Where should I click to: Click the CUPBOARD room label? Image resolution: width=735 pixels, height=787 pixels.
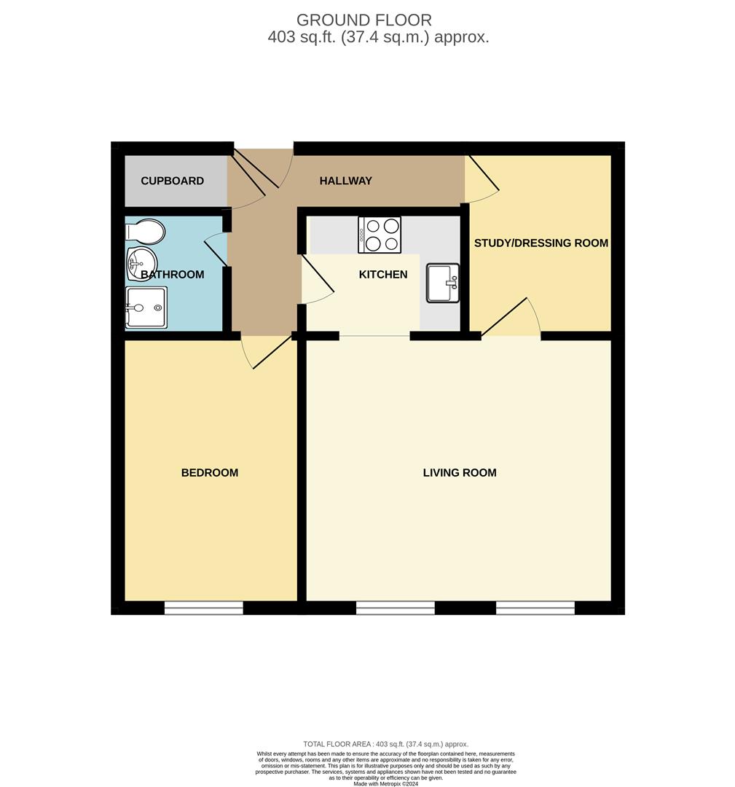pos(172,181)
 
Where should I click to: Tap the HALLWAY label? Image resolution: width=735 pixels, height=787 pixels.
pos(345,181)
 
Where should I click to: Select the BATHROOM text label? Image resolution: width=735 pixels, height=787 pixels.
pos(173,275)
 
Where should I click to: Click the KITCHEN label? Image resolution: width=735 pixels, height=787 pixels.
pos(383,275)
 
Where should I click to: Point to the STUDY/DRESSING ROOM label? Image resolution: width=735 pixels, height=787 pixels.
pos(541,243)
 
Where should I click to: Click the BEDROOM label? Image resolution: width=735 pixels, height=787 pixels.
pos(210,473)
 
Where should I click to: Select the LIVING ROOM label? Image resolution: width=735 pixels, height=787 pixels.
pos(460,473)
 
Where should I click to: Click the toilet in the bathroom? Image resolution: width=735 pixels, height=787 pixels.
pos(146,232)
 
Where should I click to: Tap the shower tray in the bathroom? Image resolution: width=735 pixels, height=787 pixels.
pos(145,308)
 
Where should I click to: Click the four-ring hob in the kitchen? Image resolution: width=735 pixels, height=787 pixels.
pos(380,235)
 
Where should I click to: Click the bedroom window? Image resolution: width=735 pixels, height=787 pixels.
pos(203,608)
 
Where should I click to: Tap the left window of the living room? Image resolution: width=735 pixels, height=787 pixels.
pos(395,608)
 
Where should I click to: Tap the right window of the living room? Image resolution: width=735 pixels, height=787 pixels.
pos(535,608)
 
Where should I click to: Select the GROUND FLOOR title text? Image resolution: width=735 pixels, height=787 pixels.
pos(363,20)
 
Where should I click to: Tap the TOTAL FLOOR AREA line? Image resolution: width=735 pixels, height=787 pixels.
pos(385,744)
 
